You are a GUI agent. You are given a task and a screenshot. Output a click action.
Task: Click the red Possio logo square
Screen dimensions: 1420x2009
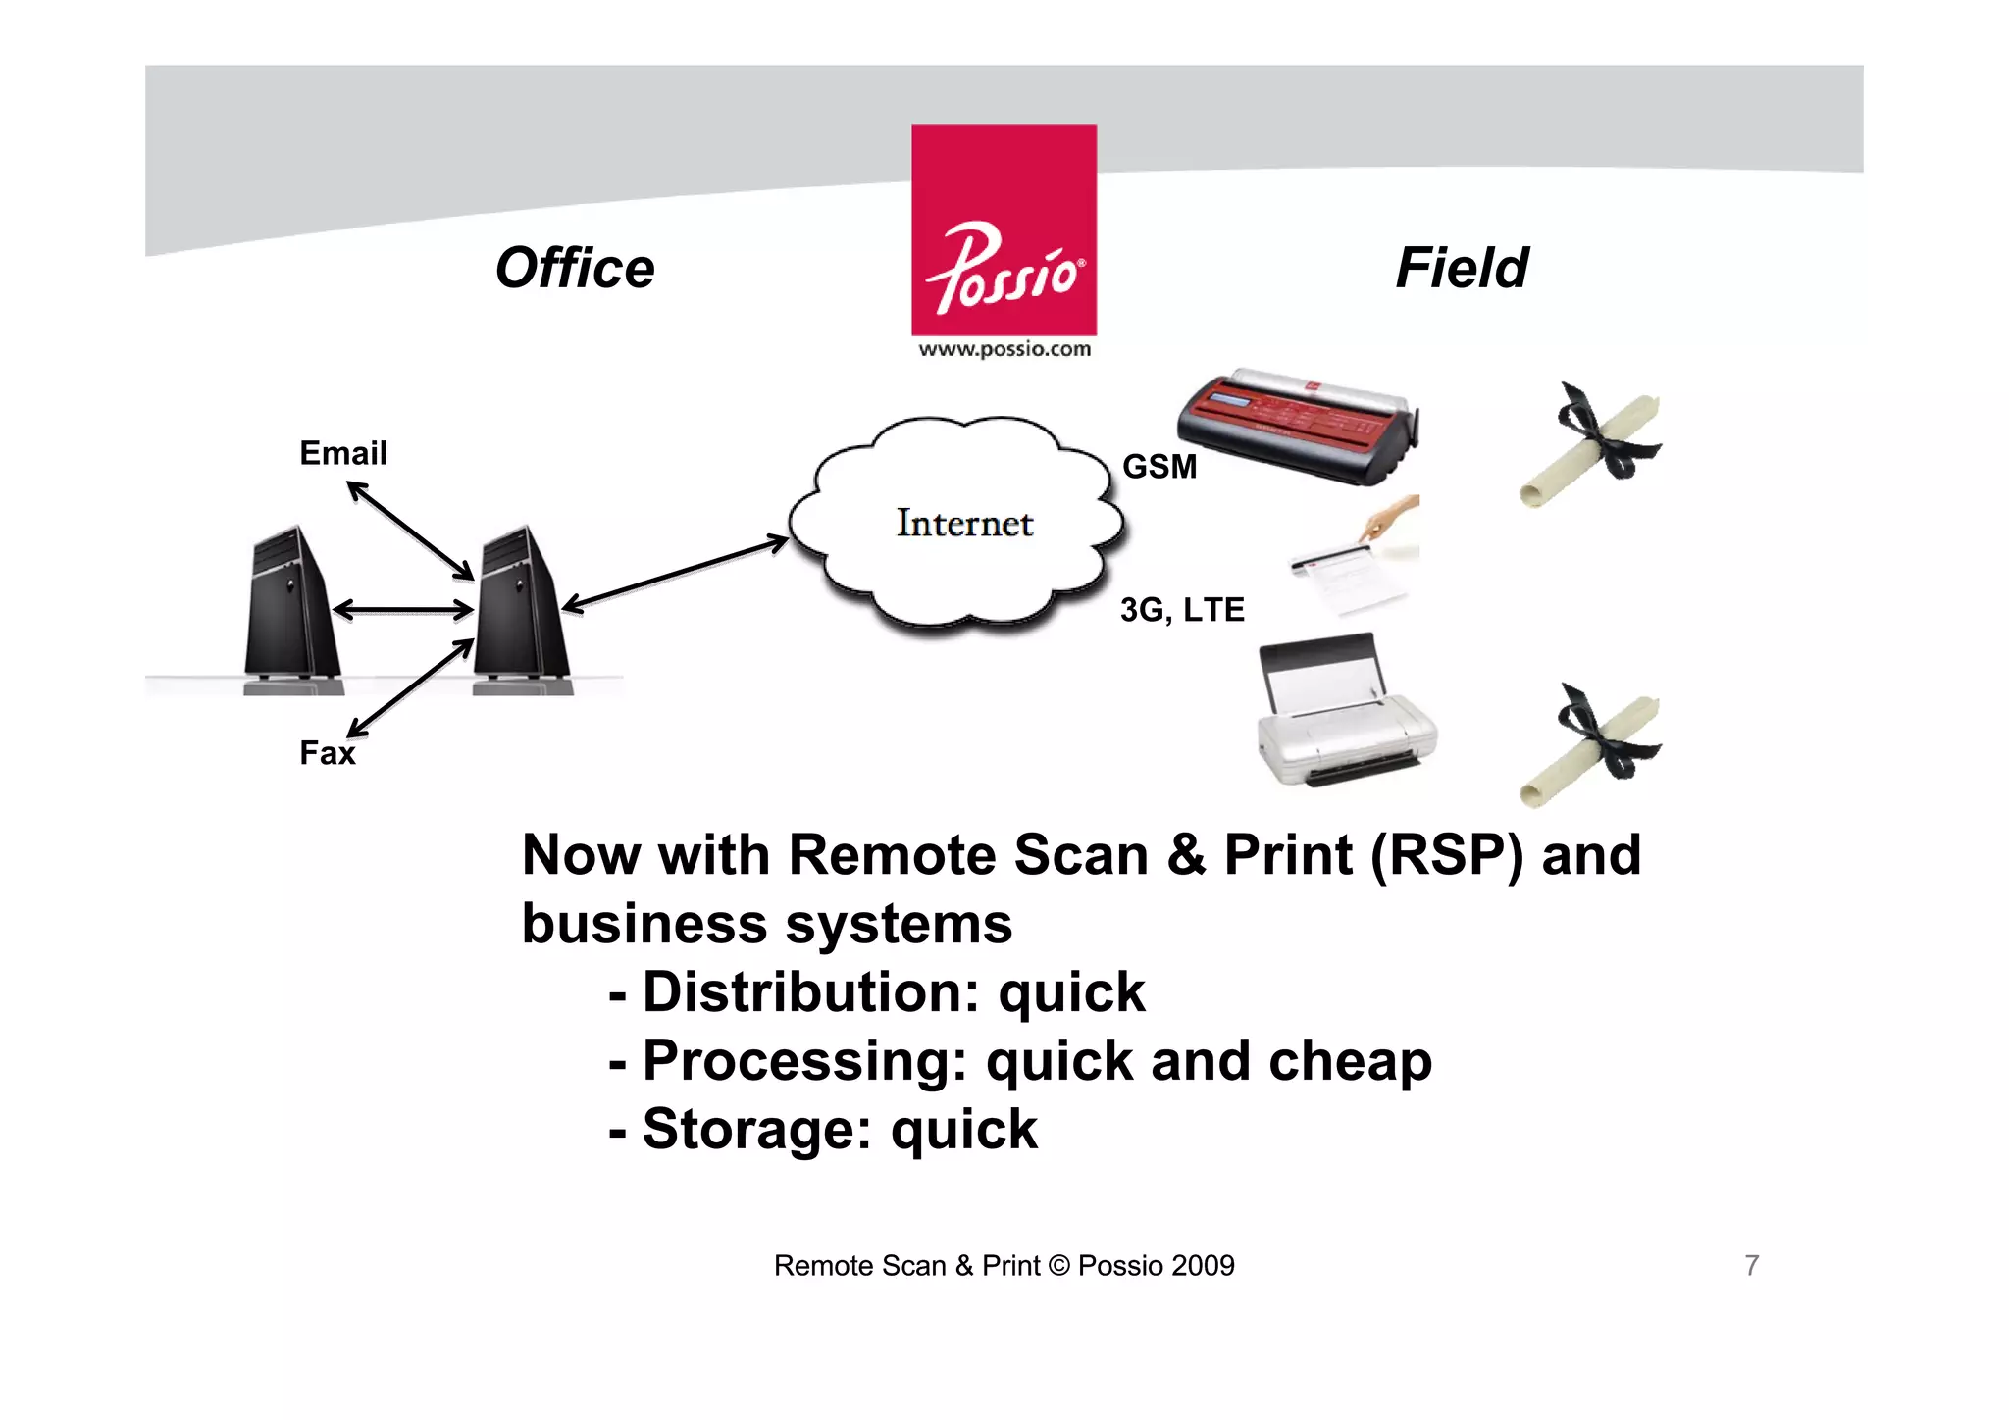click(x=1004, y=229)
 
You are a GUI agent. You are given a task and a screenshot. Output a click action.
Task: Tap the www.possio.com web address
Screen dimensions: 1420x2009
click(x=1004, y=349)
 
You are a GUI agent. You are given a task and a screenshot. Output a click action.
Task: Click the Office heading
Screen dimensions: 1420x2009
click(x=575, y=268)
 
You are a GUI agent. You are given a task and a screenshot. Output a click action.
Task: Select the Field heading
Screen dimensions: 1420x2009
click(x=1462, y=268)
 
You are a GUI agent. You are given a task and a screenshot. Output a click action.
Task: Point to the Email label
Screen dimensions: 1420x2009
click(x=343, y=453)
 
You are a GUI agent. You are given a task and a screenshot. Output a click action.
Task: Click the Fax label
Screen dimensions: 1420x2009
click(x=327, y=753)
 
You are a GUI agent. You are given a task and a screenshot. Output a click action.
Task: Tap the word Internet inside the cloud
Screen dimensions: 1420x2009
click(x=964, y=524)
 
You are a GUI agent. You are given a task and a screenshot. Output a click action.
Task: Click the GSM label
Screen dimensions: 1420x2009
click(x=1159, y=467)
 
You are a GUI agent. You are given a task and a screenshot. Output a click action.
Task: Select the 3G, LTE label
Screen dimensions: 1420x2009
click(x=1182, y=610)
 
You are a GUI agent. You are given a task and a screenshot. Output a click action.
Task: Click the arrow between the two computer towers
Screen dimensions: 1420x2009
click(x=403, y=610)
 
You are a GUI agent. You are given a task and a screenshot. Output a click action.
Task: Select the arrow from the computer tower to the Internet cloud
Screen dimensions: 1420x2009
click(x=675, y=575)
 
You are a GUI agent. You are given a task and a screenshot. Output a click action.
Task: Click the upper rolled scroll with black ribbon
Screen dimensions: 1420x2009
click(x=1591, y=443)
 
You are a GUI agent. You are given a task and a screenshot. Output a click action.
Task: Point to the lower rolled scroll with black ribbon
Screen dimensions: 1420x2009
click(x=1591, y=745)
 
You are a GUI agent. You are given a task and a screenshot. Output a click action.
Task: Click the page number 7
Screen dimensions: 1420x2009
click(x=1752, y=1266)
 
